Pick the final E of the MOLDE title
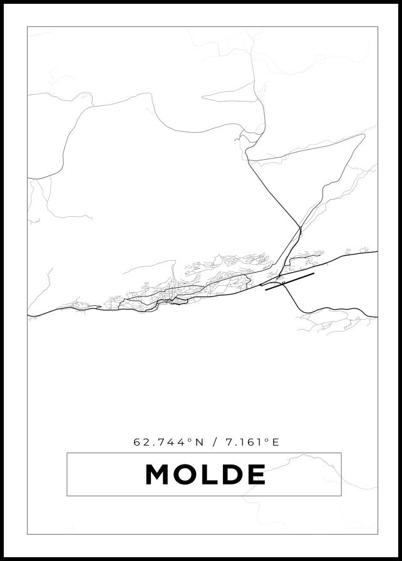tap(255, 474)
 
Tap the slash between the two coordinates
tap(215, 442)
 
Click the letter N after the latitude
tap(200, 442)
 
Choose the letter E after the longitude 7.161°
tap(276, 442)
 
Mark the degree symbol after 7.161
tap(266, 439)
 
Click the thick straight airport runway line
tap(289, 281)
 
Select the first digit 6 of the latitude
tap(137, 442)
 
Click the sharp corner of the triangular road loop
tap(364, 135)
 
